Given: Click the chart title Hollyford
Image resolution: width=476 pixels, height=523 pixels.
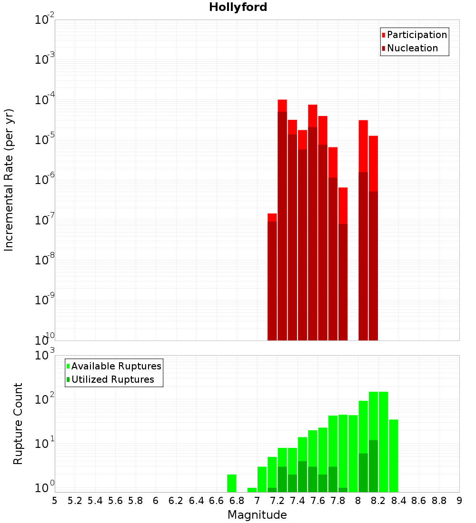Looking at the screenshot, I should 238,7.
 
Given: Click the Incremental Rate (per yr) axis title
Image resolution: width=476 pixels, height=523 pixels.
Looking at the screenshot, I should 9,180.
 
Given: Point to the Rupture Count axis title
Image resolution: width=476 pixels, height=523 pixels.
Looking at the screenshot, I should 18,424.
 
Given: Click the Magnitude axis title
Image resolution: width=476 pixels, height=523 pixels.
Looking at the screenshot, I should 257,515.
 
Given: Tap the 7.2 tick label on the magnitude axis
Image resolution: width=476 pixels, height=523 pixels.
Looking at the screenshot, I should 277,501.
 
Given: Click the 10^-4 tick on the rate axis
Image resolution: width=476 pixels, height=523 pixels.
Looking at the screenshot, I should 45,100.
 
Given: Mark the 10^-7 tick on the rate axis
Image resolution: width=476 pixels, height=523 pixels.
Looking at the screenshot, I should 45,220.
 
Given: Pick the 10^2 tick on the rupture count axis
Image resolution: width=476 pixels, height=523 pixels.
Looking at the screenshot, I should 45,399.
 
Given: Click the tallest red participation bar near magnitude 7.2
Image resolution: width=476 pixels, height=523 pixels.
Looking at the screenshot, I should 282,105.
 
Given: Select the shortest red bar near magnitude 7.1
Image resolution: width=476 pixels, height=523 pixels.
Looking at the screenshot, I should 272,217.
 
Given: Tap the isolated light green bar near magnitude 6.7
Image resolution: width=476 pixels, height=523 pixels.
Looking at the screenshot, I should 232,483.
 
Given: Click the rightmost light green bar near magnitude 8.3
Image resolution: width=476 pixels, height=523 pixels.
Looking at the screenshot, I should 394,455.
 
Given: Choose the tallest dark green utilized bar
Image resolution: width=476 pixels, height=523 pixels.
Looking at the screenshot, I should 373,466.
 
